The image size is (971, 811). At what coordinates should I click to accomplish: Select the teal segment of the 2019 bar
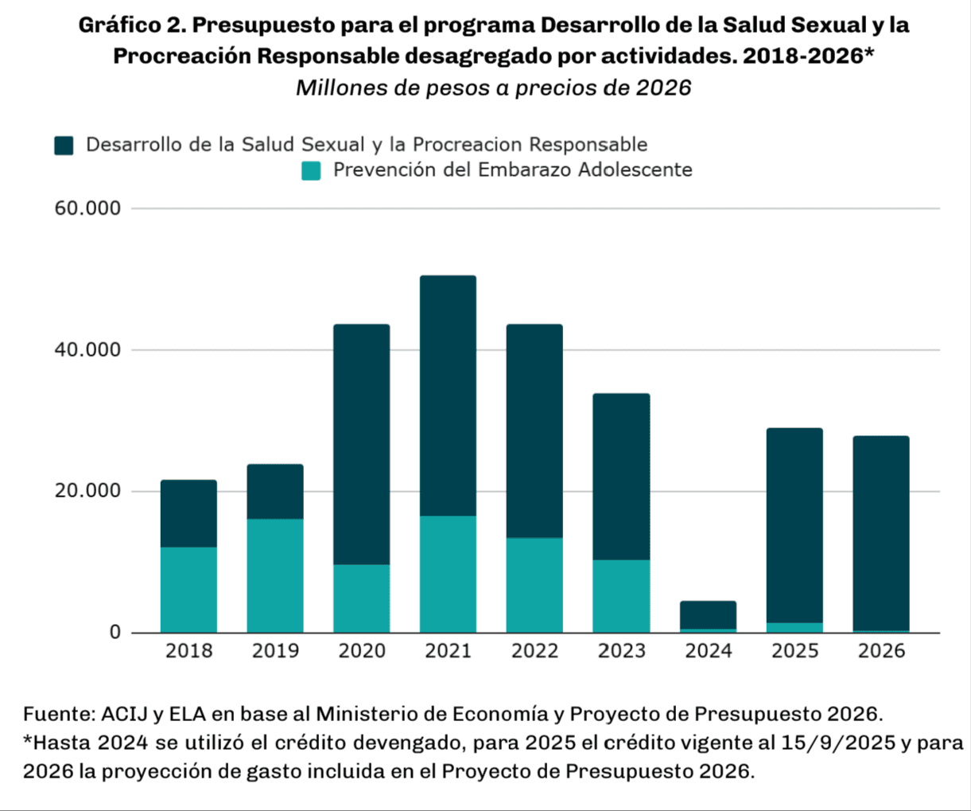[275, 575]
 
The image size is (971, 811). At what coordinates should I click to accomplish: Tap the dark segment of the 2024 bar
[708, 614]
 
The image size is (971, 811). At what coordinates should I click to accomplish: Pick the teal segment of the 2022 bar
[534, 585]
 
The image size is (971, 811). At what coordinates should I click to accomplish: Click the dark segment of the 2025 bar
[794, 525]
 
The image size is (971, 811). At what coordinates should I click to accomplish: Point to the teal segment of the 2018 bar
[188, 590]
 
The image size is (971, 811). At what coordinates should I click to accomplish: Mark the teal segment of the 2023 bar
[621, 596]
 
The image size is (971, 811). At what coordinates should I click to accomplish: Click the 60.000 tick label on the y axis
[87, 209]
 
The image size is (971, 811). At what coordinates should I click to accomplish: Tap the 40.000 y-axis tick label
[87, 350]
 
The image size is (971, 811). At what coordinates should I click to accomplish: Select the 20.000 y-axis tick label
[87, 491]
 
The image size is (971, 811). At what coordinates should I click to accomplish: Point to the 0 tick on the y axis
[115, 633]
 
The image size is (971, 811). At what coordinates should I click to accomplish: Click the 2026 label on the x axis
[881, 651]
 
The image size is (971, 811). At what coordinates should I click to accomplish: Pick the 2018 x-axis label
[188, 651]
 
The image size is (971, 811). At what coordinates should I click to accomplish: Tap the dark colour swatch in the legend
[64, 145]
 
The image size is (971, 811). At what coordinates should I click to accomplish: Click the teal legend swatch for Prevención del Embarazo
[311, 170]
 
